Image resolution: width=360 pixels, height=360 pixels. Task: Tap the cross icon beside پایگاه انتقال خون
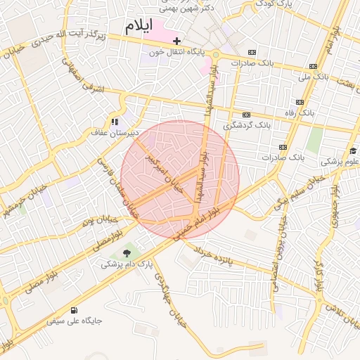click(x=176, y=41)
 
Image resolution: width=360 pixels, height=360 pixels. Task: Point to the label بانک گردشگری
click(x=247, y=125)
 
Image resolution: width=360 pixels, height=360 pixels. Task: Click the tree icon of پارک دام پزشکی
click(x=127, y=253)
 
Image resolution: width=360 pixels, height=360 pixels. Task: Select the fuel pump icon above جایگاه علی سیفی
click(x=75, y=310)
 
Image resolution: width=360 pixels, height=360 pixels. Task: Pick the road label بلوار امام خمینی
click(x=200, y=219)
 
